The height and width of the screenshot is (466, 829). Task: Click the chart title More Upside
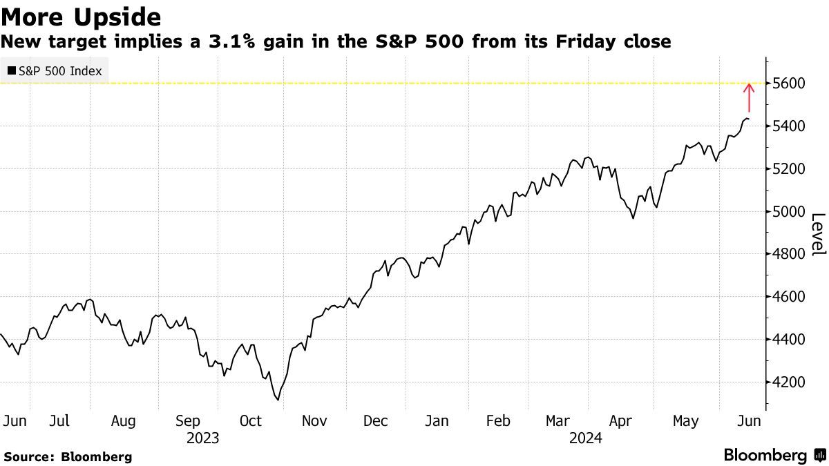(x=82, y=16)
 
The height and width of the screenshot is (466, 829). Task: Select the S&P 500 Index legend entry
(x=54, y=71)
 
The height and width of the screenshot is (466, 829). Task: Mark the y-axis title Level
(x=818, y=233)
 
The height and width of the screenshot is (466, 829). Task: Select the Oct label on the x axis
(x=251, y=421)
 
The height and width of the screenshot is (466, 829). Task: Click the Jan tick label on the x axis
(x=437, y=421)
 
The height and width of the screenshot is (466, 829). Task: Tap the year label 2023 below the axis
(x=202, y=438)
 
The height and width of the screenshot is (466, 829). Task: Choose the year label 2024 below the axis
(x=585, y=438)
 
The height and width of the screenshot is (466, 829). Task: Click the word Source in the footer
(x=28, y=457)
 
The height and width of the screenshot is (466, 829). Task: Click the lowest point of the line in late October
(x=278, y=400)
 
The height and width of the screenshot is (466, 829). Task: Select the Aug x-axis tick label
(x=124, y=421)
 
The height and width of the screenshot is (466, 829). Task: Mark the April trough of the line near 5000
(x=633, y=219)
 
